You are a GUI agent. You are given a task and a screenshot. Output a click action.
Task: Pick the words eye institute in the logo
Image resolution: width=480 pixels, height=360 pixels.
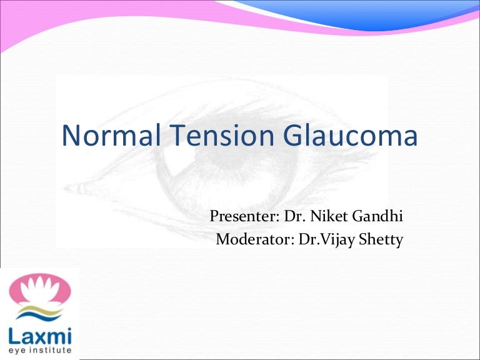(x=39, y=351)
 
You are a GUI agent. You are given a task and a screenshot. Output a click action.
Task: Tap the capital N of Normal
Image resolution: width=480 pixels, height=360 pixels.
(x=70, y=137)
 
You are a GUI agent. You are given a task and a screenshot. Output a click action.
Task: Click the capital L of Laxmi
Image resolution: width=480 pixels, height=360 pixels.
(x=14, y=335)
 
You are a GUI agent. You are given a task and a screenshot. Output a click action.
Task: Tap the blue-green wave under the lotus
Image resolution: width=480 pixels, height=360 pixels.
(x=41, y=313)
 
